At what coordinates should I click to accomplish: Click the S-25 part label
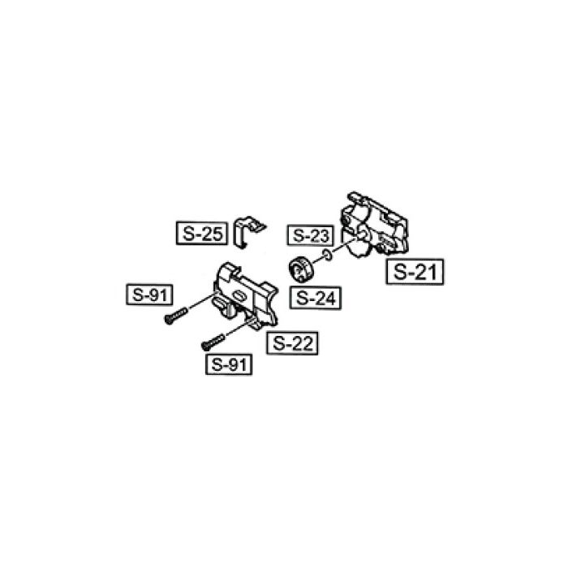coord(202,234)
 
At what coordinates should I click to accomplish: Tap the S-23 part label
coord(310,235)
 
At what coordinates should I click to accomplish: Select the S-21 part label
coord(415,272)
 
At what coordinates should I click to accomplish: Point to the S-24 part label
coord(316,298)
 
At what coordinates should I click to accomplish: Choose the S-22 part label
coord(292,343)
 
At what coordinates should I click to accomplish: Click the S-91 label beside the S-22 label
coord(229,364)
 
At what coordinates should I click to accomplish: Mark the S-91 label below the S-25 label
coord(149,295)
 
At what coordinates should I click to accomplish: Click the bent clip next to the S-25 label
coord(247,232)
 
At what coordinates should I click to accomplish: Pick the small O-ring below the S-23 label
coord(327,256)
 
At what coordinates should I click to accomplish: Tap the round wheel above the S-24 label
coord(302,269)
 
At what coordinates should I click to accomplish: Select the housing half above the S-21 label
coord(374,225)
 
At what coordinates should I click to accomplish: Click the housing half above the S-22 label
coord(247,295)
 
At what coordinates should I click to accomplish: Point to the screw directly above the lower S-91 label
coord(213,342)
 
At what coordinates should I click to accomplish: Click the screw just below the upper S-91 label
coord(176,316)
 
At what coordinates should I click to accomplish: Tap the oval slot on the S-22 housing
coord(239,295)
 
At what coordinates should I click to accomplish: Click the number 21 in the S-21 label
coord(426,272)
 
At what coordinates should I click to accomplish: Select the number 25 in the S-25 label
coord(211,234)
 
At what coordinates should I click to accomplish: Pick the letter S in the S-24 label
coord(301,298)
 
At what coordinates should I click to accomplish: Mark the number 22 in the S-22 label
coord(302,343)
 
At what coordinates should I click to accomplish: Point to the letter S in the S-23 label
coord(298,235)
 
